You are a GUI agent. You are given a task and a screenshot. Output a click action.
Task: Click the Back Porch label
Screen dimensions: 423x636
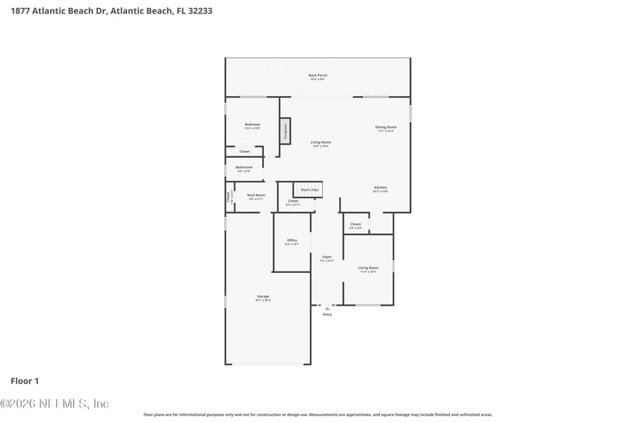[x=318, y=75]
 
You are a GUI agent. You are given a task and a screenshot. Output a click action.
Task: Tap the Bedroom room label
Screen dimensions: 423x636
[x=252, y=125]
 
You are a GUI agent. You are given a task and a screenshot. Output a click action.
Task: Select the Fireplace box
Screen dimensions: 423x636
[x=285, y=131]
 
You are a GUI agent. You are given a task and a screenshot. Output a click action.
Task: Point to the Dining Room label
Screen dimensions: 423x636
[x=386, y=127]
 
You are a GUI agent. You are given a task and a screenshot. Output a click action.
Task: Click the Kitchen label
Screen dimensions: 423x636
[x=380, y=188]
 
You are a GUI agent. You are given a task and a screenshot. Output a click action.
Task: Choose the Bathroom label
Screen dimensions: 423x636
[x=243, y=167]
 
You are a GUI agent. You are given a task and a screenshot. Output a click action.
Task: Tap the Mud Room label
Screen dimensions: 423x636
[x=256, y=195]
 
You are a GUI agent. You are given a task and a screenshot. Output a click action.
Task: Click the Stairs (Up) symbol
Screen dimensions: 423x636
[x=308, y=190]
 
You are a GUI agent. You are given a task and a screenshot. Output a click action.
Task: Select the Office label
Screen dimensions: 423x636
[x=292, y=240]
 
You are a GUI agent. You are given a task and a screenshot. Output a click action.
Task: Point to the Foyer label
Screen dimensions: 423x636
[x=326, y=257]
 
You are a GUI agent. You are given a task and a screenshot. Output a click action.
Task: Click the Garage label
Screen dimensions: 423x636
[x=262, y=297]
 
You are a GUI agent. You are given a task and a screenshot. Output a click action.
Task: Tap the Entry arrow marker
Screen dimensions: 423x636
[x=327, y=308]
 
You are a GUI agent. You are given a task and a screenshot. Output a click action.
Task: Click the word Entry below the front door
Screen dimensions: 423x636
[x=327, y=314]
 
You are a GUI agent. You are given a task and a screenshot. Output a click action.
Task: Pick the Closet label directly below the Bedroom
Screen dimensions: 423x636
[x=244, y=151]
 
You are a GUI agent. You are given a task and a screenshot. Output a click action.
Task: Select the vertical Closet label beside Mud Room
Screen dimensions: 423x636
[x=229, y=197]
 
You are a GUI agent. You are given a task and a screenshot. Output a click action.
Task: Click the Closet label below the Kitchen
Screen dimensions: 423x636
[x=355, y=225]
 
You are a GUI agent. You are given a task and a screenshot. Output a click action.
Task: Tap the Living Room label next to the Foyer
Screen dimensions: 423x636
[x=368, y=268]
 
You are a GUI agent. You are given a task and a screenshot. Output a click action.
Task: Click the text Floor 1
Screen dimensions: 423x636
[x=25, y=382]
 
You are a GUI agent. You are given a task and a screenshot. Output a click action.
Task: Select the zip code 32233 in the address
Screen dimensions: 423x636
[x=200, y=12]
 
